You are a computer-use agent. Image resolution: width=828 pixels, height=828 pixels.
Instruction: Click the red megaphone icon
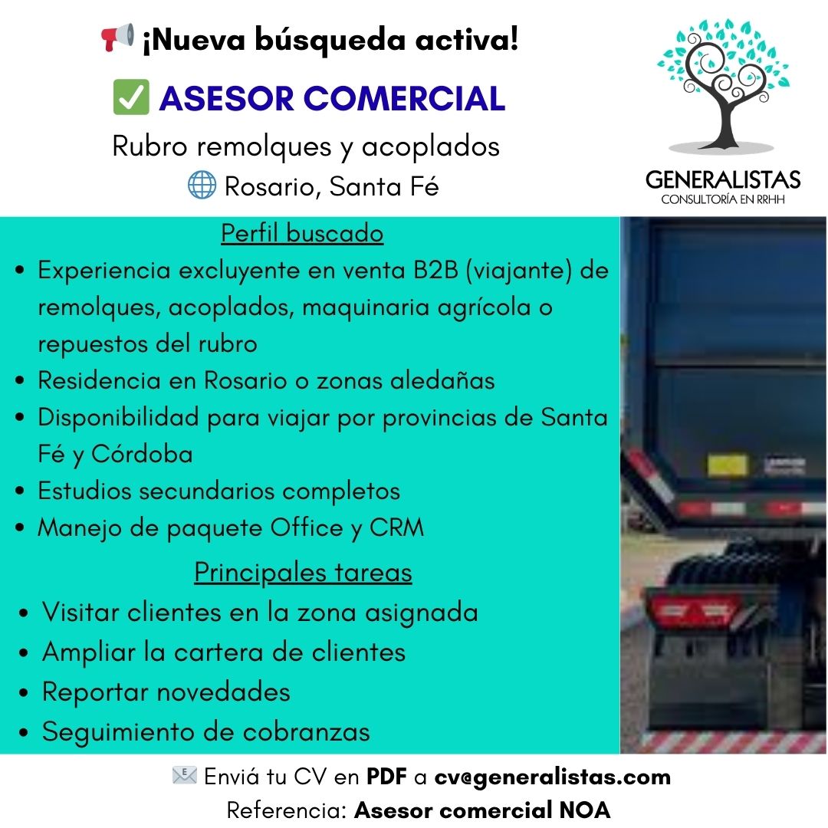[x=117, y=38]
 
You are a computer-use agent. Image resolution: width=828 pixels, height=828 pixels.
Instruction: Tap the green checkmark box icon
[x=130, y=98]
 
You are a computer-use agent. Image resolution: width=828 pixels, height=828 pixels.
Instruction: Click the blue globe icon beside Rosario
[x=202, y=185]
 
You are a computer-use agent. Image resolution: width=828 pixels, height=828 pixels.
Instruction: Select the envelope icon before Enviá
[x=184, y=776]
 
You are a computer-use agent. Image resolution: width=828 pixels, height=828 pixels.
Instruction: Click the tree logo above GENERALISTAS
[x=721, y=84]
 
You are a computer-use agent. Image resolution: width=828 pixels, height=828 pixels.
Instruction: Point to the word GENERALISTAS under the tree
[x=722, y=180]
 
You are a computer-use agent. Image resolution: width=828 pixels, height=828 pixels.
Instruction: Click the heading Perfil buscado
[x=302, y=232]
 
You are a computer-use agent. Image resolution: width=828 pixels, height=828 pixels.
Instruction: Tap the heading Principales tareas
[x=303, y=572]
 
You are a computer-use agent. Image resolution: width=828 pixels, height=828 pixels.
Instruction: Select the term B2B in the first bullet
[x=435, y=271]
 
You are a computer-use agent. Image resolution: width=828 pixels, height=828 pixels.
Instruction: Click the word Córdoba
[x=142, y=454]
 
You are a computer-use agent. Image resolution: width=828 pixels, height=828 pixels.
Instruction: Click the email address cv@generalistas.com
[x=552, y=777]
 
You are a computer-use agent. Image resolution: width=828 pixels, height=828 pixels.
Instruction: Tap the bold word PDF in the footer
[x=386, y=777]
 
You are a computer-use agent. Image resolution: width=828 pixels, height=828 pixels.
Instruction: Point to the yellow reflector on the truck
[x=727, y=465]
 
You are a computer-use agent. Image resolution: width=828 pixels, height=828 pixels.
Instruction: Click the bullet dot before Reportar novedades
[x=25, y=693]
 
